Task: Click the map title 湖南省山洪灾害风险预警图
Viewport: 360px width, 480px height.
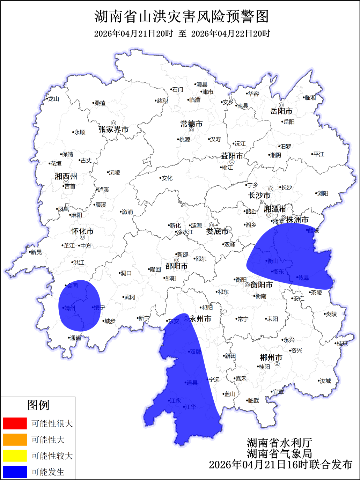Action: coord(182,16)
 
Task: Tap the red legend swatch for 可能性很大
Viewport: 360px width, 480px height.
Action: coord(15,423)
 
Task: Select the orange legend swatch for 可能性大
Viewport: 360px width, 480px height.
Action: coord(15,440)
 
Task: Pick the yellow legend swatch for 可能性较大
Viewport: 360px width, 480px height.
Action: coord(15,456)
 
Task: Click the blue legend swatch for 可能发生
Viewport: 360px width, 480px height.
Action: coord(15,472)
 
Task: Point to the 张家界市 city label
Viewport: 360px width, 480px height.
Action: coord(113,130)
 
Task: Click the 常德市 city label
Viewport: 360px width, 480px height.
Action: coord(191,124)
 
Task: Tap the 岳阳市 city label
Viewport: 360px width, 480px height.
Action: coord(281,111)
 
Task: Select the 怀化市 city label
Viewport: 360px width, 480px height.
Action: coord(82,231)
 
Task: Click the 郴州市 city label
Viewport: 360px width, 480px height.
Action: coord(271,357)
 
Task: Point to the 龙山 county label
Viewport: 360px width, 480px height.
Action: coord(53,99)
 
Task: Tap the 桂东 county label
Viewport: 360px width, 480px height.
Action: coord(342,344)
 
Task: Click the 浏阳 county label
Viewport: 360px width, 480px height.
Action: coord(323,193)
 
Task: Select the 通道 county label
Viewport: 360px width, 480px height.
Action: coord(75,338)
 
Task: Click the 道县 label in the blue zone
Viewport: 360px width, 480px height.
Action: coord(192,383)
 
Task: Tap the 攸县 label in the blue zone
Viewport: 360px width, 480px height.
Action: coord(303,278)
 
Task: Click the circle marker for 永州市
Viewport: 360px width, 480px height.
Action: coord(186,319)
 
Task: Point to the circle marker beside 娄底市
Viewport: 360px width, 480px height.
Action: coord(211,225)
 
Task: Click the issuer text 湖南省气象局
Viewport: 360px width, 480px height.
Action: coord(280,454)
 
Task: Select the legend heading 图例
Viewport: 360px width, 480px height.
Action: coord(38,405)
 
